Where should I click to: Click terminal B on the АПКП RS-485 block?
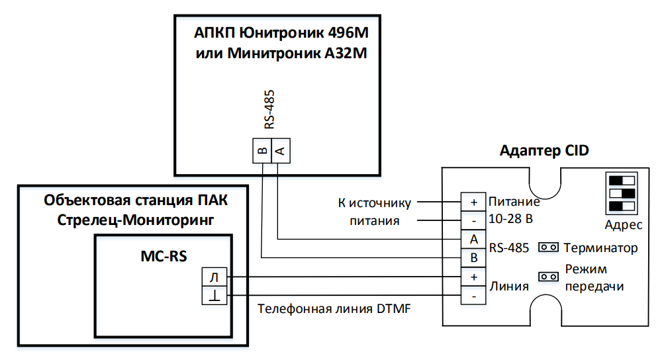(262, 152)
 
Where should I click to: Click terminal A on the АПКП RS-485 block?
(280, 152)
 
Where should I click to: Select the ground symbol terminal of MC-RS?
(213, 295)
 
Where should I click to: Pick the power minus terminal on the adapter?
(473, 219)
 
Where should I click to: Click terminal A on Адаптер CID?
(473, 239)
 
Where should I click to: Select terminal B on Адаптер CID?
(473, 257)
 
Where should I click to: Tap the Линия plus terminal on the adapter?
(473, 277)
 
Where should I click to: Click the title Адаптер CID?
(544, 151)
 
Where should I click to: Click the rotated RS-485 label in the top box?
(269, 110)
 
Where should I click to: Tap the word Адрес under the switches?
(624, 225)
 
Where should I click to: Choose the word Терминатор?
(601, 248)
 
